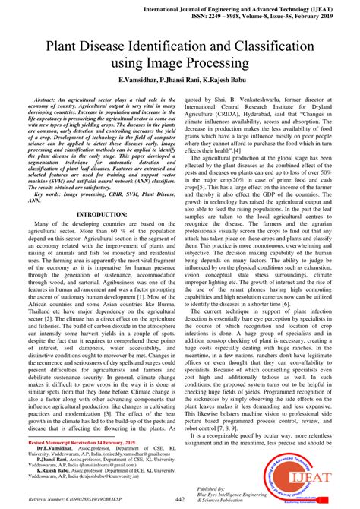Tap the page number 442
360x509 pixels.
[x=180, y=499]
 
